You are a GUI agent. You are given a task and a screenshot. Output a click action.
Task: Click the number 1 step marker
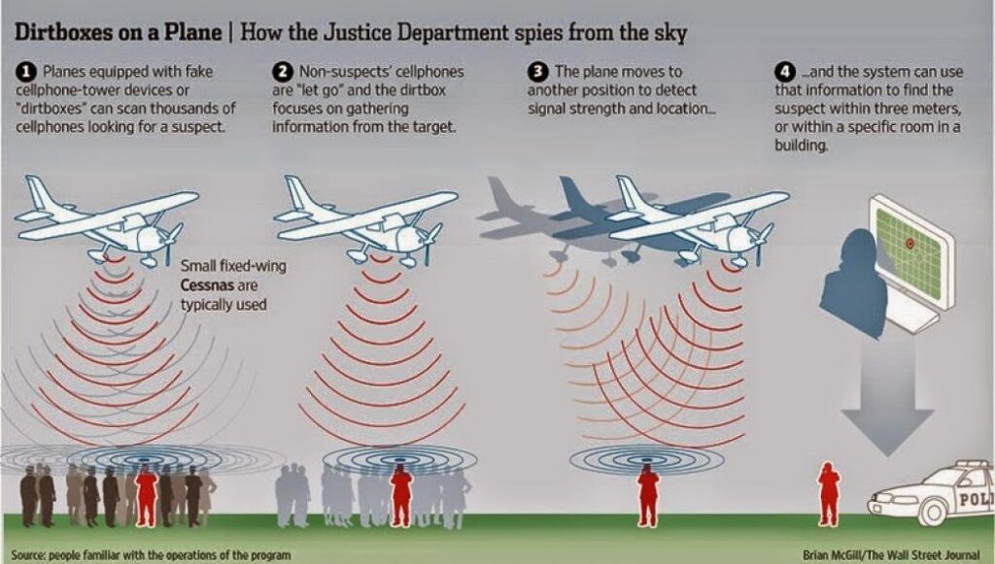tap(25, 72)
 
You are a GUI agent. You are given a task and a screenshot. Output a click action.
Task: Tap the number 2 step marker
tap(283, 72)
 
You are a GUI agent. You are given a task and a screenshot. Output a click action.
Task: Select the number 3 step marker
tap(538, 72)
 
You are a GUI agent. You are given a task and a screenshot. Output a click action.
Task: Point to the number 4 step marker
tap(785, 72)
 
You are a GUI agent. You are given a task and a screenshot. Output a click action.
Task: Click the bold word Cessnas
tap(208, 285)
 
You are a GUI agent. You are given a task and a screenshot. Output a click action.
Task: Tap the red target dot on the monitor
tap(909, 244)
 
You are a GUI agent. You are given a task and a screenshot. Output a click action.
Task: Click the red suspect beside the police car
tap(829, 494)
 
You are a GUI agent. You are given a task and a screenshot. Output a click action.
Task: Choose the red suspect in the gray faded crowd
tap(401, 495)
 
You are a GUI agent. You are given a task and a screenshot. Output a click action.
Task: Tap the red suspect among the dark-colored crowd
tap(147, 495)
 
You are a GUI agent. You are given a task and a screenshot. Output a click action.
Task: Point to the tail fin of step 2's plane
tap(297, 193)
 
